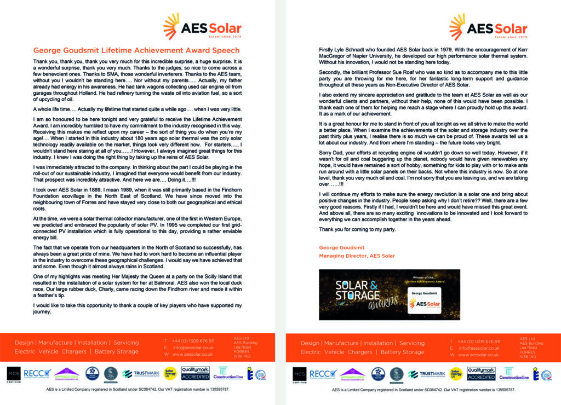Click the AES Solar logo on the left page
click(x=203, y=26)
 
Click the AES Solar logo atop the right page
click(x=489, y=26)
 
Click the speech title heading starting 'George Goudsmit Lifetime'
click(x=136, y=50)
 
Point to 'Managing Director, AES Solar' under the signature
click(x=357, y=256)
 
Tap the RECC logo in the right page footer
click(x=321, y=374)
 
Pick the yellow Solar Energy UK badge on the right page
click(x=454, y=374)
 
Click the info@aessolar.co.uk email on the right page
click(x=479, y=348)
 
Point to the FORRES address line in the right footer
click(x=528, y=352)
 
